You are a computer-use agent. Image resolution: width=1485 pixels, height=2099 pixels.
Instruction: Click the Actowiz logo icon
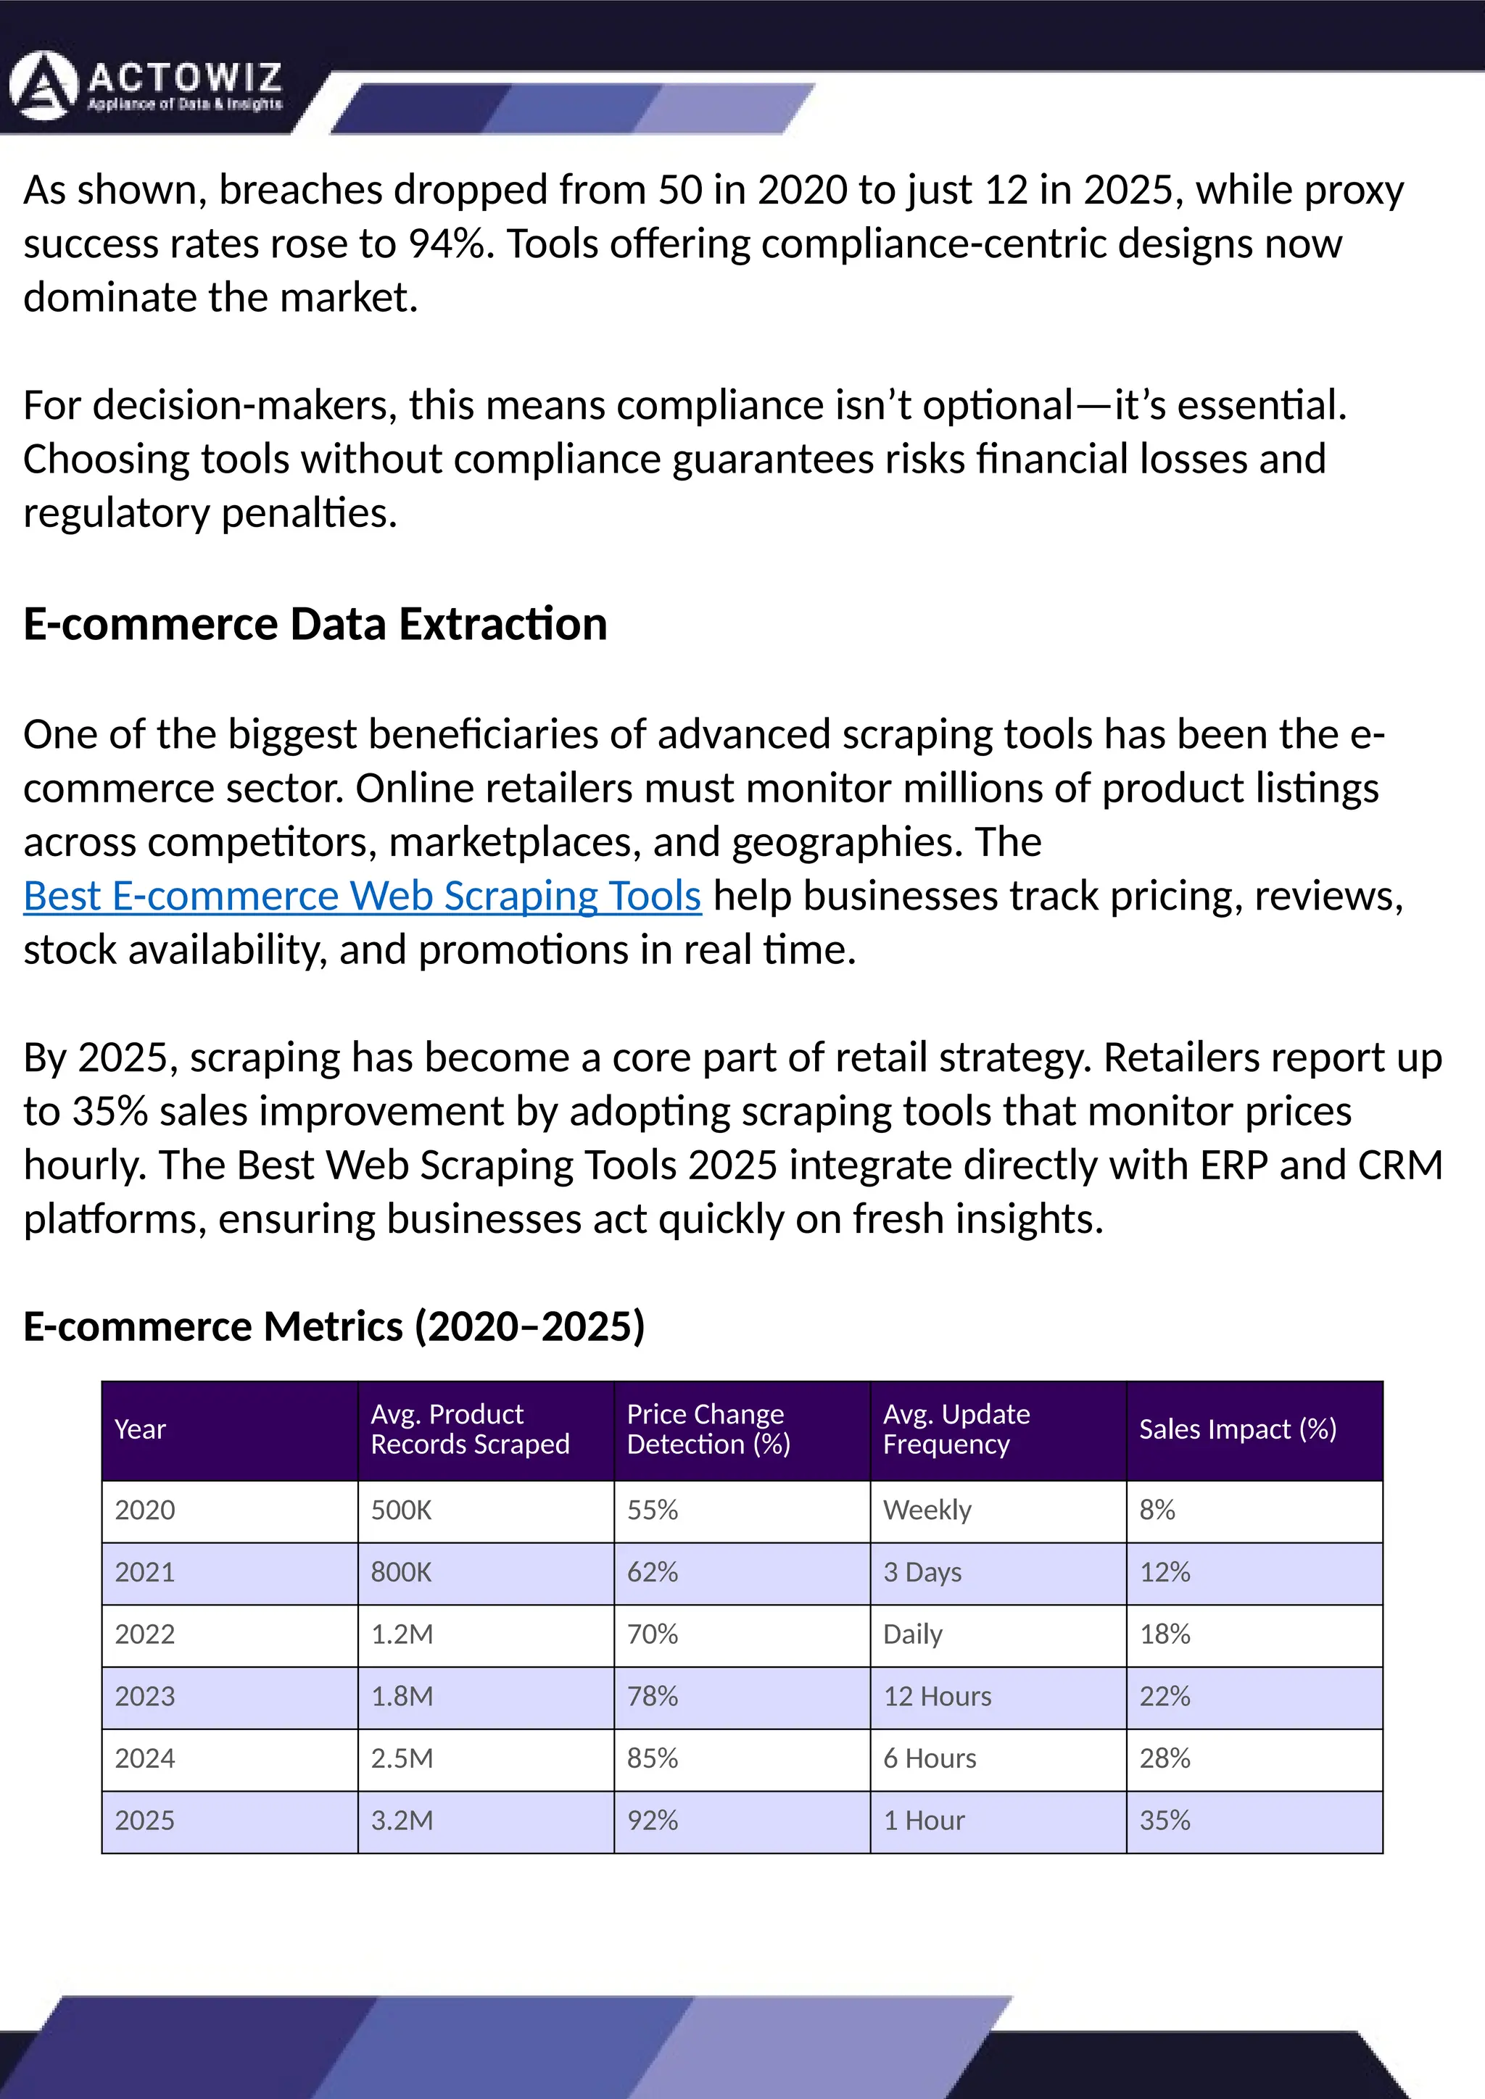(42, 87)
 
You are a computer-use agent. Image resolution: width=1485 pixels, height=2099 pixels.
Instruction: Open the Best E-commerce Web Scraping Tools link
(362, 896)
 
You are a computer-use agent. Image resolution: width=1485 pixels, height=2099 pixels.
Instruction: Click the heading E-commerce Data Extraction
(315, 624)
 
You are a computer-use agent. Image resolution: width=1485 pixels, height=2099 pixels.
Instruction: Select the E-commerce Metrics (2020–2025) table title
(334, 1326)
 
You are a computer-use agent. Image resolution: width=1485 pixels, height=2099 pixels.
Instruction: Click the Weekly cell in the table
(926, 1510)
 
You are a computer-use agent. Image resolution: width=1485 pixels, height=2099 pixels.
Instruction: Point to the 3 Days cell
(922, 1572)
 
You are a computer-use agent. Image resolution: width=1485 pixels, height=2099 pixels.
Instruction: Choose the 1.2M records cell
(402, 1634)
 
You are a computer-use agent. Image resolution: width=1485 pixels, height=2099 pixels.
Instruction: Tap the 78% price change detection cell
(652, 1697)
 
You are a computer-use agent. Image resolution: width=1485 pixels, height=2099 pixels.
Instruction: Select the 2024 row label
(144, 1759)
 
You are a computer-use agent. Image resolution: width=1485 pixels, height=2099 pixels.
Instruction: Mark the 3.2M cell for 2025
(402, 1821)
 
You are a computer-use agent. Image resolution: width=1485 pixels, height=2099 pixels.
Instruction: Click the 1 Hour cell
(924, 1821)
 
